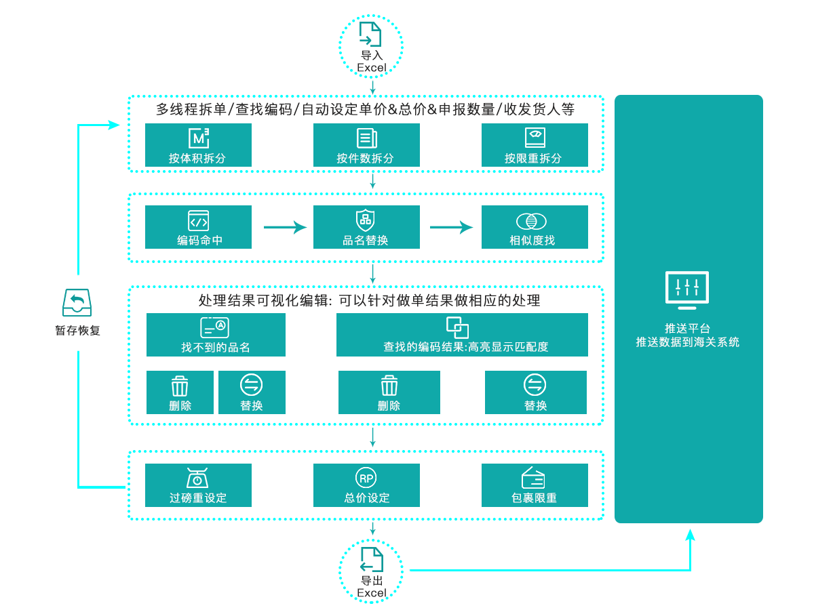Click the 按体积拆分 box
pos(197,144)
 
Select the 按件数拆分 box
pos(366,144)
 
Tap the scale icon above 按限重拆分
pos(535,138)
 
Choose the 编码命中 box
pos(197,226)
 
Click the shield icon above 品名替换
pos(366,220)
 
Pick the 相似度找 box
pos(534,226)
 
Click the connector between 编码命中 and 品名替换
pos(285,227)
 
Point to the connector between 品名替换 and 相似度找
pos(451,227)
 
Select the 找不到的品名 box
pos(215,334)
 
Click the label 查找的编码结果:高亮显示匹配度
pos(465,347)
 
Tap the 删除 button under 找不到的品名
pos(180,392)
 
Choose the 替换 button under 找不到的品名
pos(252,392)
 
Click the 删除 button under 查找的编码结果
pos(389,392)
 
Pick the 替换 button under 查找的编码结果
pos(535,392)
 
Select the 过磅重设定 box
pos(197,485)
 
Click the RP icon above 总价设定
pos(366,478)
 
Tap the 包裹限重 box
pos(534,485)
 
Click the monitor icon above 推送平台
pos(687,290)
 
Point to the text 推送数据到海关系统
pos(687,342)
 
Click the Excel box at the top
pos(370,46)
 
